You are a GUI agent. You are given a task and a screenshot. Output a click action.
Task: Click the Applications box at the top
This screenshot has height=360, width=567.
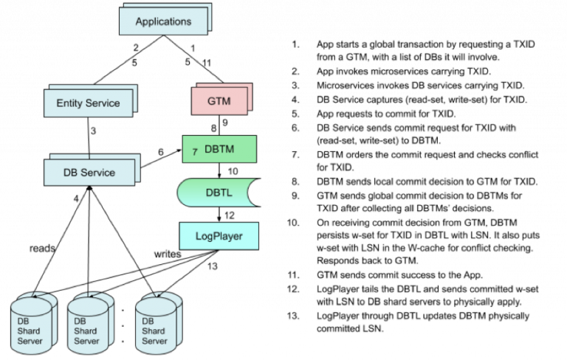tap(163, 21)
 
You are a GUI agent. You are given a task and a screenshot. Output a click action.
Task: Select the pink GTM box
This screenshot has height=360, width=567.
tap(219, 101)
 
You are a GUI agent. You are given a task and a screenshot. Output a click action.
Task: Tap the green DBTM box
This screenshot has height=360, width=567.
tap(219, 149)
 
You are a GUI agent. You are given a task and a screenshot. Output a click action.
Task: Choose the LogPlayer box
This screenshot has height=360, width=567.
tap(219, 237)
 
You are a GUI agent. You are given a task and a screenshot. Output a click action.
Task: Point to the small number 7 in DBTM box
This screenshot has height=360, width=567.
tap(195, 151)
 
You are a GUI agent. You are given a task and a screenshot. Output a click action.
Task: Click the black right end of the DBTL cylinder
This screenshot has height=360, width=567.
tap(253, 193)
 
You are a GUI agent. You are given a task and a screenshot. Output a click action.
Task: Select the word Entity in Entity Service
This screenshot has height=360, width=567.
tap(70, 103)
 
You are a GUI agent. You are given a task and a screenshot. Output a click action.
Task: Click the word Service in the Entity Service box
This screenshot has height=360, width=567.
tap(103, 103)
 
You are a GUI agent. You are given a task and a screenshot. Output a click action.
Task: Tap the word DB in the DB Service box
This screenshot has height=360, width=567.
tap(71, 173)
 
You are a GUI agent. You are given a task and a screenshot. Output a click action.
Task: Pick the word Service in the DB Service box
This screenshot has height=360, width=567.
tap(98, 173)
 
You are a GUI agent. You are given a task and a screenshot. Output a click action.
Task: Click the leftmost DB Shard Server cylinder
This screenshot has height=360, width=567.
tap(32, 326)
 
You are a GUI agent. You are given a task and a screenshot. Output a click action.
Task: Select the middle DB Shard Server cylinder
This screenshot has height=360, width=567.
tap(88, 326)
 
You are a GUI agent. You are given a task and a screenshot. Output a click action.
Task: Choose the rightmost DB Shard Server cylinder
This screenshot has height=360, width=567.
tap(156, 326)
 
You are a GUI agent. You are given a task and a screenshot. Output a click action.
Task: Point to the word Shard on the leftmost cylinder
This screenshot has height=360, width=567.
tap(30, 331)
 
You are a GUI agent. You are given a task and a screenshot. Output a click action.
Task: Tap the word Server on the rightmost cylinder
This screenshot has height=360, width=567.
tap(154, 341)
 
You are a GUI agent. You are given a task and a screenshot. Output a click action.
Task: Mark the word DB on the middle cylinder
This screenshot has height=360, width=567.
tap(80, 322)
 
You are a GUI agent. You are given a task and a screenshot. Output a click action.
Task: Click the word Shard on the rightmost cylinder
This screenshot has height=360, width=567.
tap(154, 331)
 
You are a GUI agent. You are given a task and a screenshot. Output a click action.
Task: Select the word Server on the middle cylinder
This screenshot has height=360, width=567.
tap(86, 341)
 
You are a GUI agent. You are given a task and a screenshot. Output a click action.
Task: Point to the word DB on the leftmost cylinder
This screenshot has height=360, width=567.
tap(24, 322)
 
